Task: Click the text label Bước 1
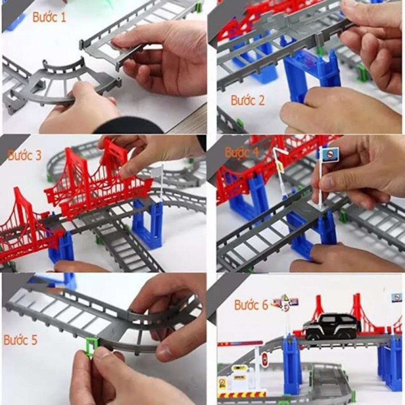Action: [49, 17]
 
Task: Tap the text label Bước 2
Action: [248, 100]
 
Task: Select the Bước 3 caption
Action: [25, 155]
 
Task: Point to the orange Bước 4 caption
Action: [242, 152]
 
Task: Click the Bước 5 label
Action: [21, 340]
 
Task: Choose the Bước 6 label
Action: [252, 305]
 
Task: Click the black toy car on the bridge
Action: [331, 326]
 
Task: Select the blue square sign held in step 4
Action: [331, 154]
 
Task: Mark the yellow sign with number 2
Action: [223, 383]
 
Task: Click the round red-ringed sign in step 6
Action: [265, 360]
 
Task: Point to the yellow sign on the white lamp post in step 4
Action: [280, 167]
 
